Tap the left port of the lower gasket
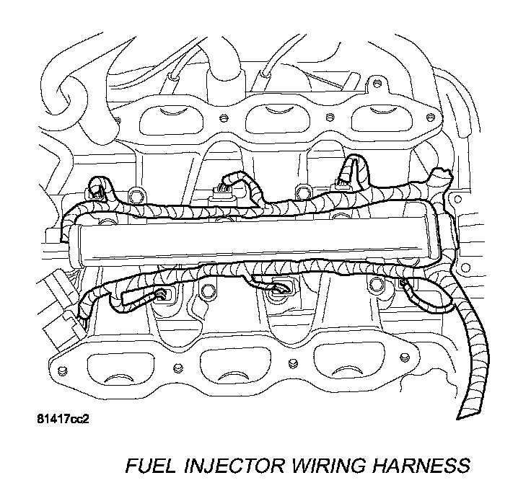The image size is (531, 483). (x=117, y=368)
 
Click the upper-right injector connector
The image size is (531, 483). (x=338, y=189)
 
